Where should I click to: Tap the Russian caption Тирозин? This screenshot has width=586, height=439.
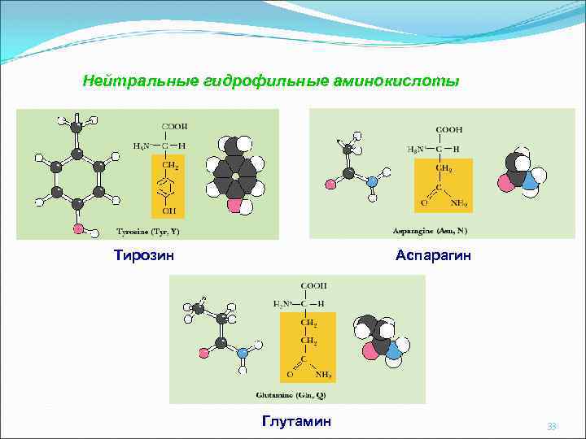[x=143, y=256]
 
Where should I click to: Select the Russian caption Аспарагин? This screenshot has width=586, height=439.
[x=433, y=256]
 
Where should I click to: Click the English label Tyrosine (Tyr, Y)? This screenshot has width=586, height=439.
[x=147, y=231]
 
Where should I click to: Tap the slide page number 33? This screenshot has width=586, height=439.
[x=552, y=426]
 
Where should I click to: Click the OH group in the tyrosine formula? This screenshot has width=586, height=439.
[x=169, y=211]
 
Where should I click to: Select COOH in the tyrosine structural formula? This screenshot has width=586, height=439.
[x=174, y=126]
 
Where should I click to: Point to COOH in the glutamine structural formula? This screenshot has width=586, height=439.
[x=313, y=286]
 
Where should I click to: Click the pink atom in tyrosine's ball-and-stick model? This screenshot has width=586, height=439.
[x=79, y=228]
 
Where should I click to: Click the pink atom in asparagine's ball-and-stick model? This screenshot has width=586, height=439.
[x=330, y=184]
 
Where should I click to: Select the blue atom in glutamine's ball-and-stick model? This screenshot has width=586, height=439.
[x=241, y=353]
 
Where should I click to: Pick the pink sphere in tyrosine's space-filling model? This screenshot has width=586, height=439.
[x=234, y=206]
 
